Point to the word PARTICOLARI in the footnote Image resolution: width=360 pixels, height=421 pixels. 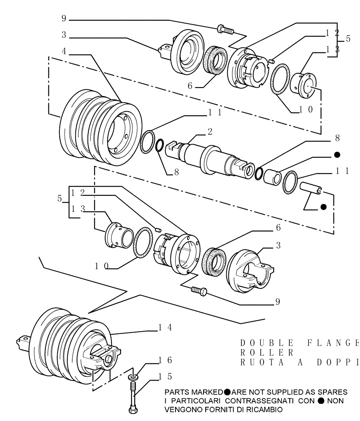198,400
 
